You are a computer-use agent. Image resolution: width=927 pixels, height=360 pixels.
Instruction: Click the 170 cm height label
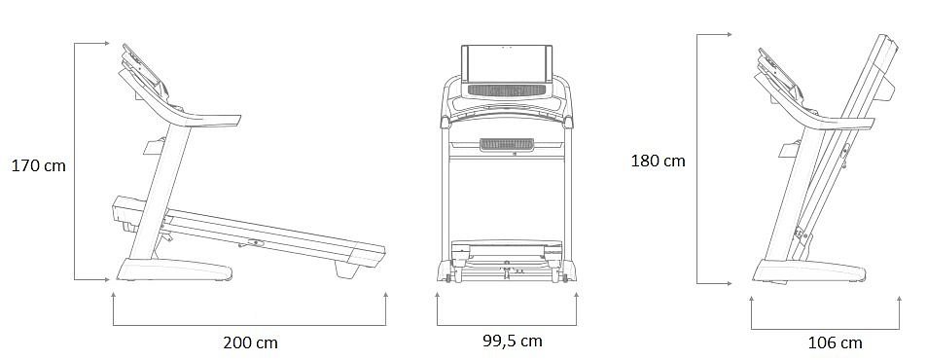pyautogui.click(x=39, y=166)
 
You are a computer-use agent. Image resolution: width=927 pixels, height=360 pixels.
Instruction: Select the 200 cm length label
pyautogui.click(x=250, y=342)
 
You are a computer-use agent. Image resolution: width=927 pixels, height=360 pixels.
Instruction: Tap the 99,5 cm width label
pyautogui.click(x=512, y=341)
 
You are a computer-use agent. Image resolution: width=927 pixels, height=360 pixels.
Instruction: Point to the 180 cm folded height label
pyautogui.click(x=658, y=161)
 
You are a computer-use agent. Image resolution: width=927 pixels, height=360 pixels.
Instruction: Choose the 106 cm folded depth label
pyautogui.click(x=835, y=342)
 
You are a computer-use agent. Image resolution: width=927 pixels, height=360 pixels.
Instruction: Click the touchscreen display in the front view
pyautogui.click(x=507, y=64)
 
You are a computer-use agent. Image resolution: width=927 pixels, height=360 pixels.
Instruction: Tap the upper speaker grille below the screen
pyautogui.click(x=507, y=90)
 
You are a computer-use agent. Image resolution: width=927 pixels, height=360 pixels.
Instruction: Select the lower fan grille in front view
pyautogui.click(x=507, y=145)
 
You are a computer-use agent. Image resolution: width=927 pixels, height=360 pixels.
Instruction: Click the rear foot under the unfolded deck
pyautogui.click(x=346, y=269)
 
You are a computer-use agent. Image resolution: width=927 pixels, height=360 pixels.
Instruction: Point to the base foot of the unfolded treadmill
pyautogui.click(x=174, y=270)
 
